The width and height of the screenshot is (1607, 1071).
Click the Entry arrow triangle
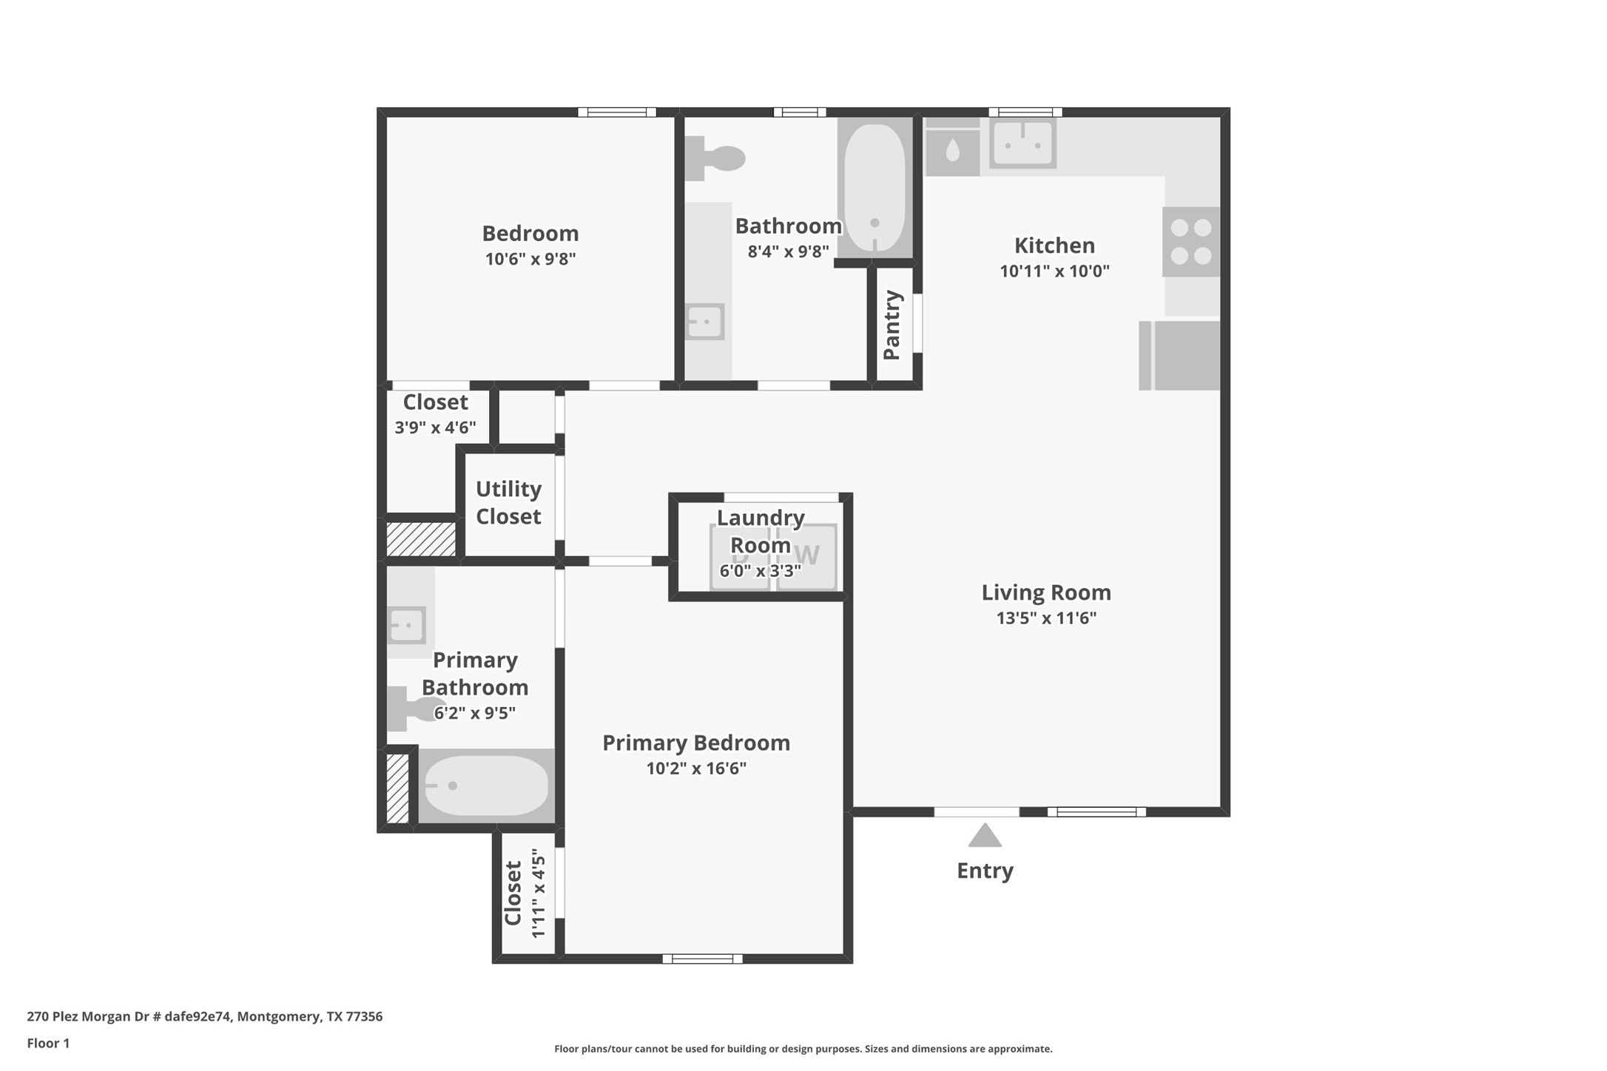click(x=985, y=837)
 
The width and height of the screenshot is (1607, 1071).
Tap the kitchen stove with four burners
click(x=1191, y=242)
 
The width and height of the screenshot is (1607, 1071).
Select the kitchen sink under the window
click(x=1023, y=143)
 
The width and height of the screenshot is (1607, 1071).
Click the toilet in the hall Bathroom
click(x=714, y=158)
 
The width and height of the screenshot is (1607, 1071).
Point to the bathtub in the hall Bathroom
click(x=875, y=188)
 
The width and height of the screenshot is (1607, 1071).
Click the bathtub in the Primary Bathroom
click(x=486, y=785)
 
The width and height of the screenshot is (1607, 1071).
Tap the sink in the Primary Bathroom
click(x=406, y=626)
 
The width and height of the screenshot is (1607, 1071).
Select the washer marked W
click(x=806, y=557)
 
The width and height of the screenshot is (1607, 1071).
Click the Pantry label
click(x=892, y=325)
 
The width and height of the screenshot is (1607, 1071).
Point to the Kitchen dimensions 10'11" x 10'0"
click(x=1054, y=271)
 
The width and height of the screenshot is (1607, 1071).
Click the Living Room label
click(x=1046, y=592)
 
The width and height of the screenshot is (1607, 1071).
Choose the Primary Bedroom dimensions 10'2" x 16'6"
click(x=696, y=768)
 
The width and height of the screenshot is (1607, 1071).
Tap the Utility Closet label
click(x=508, y=502)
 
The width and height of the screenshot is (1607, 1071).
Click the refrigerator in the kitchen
click(x=1179, y=355)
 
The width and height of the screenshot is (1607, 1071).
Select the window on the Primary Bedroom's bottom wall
click(x=702, y=959)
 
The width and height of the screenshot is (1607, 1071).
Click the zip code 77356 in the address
click(x=364, y=1016)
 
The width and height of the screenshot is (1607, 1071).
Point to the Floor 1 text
click(x=48, y=1043)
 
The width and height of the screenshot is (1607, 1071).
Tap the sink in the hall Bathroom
click(x=704, y=322)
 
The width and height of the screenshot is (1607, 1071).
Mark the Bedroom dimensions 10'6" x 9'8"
click(x=530, y=259)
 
